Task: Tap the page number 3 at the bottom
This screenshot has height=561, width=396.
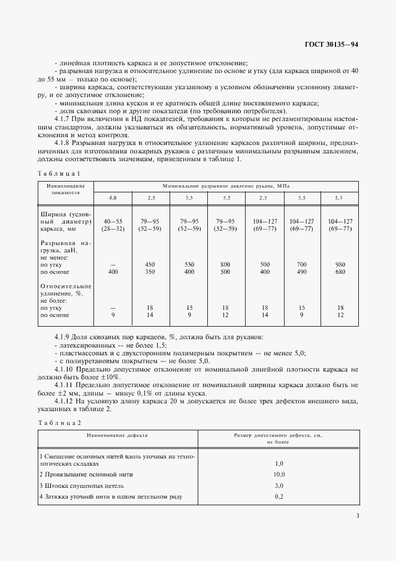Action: coord(357,516)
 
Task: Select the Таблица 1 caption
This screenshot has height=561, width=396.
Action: coord(59,173)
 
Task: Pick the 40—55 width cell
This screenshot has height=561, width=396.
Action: coord(113,221)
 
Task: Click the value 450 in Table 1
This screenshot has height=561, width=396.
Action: coord(151,264)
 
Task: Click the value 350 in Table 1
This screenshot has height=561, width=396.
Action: coord(151,272)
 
